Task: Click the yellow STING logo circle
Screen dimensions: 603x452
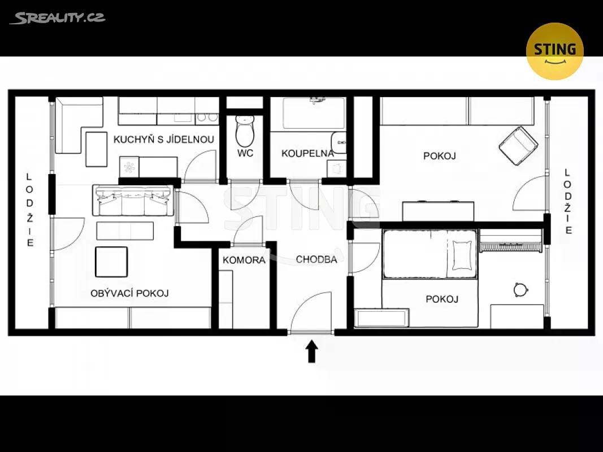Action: click(x=554, y=51)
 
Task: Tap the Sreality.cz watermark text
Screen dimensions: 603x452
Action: click(x=57, y=18)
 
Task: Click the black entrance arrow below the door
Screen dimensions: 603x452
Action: click(x=311, y=351)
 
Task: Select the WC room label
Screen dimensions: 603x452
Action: click(x=245, y=153)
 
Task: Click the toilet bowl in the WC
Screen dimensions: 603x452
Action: click(x=245, y=131)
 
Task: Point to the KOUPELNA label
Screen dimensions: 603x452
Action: click(x=307, y=153)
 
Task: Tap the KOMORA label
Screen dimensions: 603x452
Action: click(x=244, y=260)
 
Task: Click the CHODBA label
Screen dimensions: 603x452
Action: click(x=316, y=259)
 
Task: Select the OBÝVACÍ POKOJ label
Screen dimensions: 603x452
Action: click(x=129, y=293)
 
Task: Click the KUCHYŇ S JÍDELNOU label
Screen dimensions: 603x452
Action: click(x=164, y=139)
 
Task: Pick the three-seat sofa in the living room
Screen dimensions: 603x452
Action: click(x=133, y=200)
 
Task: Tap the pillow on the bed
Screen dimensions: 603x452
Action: click(x=462, y=255)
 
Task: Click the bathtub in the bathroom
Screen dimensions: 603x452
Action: click(x=314, y=114)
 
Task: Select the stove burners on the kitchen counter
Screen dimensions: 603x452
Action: click(x=207, y=119)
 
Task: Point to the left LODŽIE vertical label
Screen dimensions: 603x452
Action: click(x=29, y=210)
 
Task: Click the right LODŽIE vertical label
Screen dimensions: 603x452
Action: click(x=568, y=201)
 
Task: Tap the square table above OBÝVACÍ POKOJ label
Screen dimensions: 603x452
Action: click(x=111, y=262)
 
